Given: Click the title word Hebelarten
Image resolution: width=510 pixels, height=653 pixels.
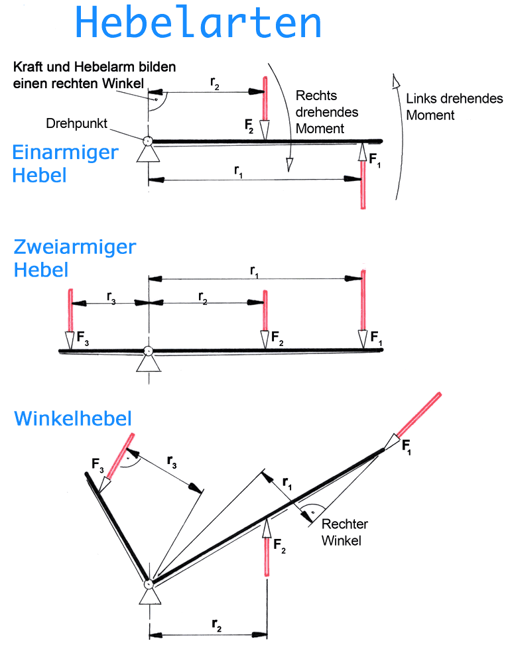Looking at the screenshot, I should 199,23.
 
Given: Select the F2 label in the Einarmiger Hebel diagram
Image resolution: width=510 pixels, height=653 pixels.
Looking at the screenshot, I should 249,125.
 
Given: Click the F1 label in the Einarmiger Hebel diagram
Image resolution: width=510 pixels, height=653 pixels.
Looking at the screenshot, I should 374,160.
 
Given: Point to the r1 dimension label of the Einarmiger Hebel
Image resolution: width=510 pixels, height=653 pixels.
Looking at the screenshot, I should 238,170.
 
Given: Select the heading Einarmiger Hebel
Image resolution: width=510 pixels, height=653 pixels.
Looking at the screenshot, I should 64,164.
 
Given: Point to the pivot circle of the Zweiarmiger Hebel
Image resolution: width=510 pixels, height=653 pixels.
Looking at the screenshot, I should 149,351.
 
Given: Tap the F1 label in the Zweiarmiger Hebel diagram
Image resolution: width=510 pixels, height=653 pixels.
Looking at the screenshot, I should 376,338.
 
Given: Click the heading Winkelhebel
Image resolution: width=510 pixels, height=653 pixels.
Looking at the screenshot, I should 73,418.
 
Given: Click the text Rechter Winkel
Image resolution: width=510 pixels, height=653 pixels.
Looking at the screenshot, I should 344,532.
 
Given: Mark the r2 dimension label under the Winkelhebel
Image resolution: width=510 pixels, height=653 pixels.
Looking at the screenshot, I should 216,624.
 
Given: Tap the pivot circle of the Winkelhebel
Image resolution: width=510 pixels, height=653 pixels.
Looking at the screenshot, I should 149,583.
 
